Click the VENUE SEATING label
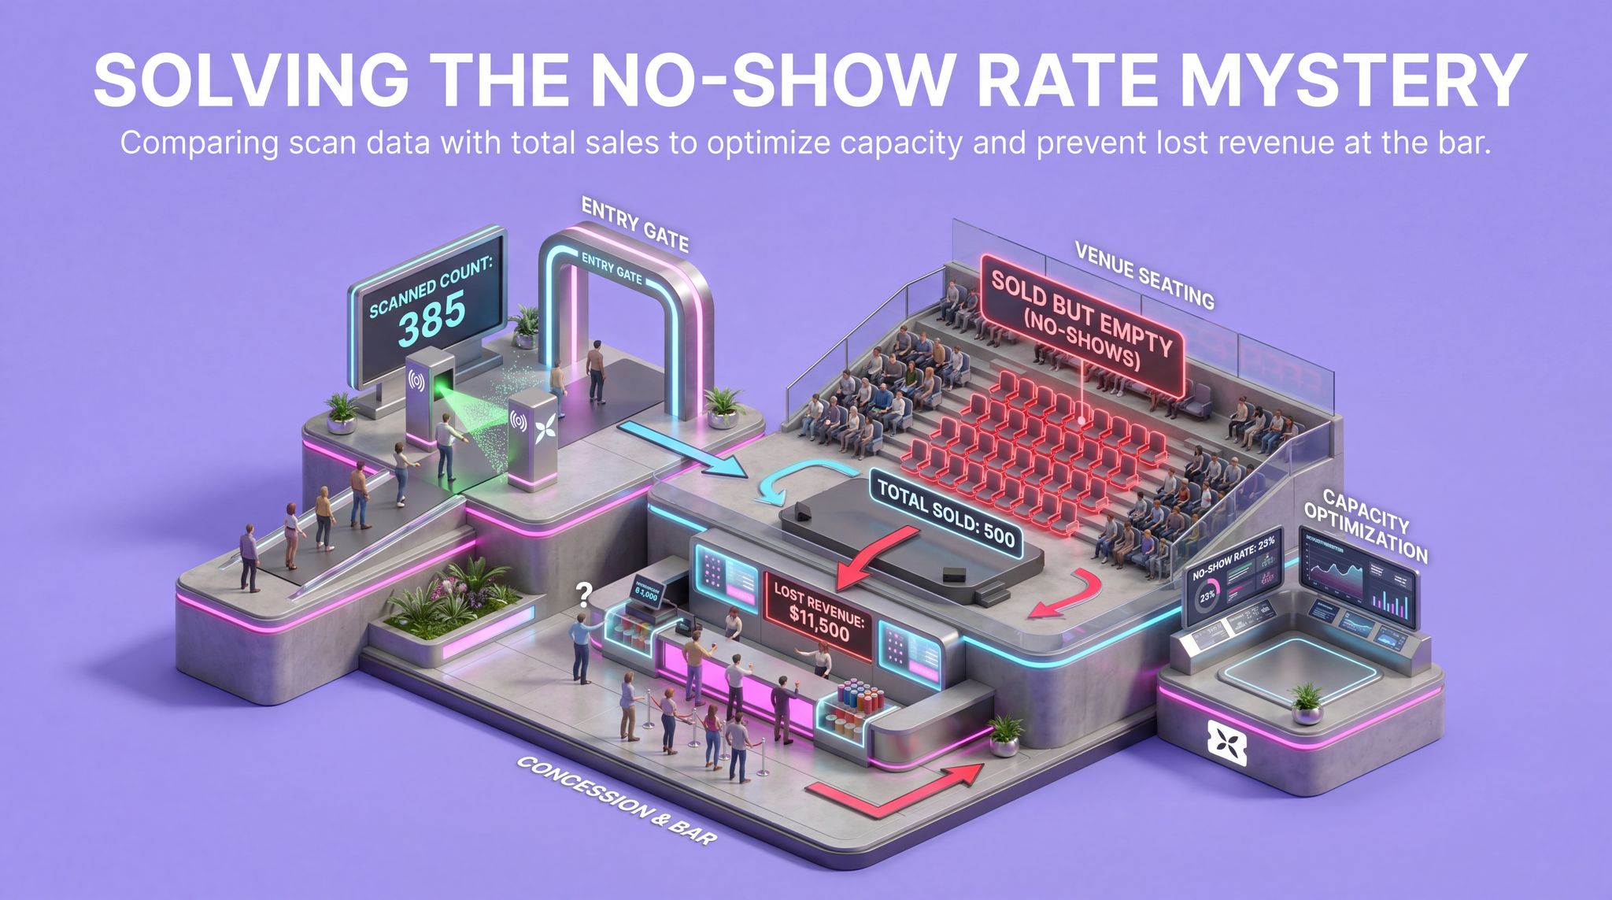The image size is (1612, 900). (1144, 275)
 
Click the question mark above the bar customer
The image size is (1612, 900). (584, 593)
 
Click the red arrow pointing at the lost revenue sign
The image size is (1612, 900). (873, 557)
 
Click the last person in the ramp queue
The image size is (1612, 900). (249, 557)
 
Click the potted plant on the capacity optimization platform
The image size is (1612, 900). (1307, 702)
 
